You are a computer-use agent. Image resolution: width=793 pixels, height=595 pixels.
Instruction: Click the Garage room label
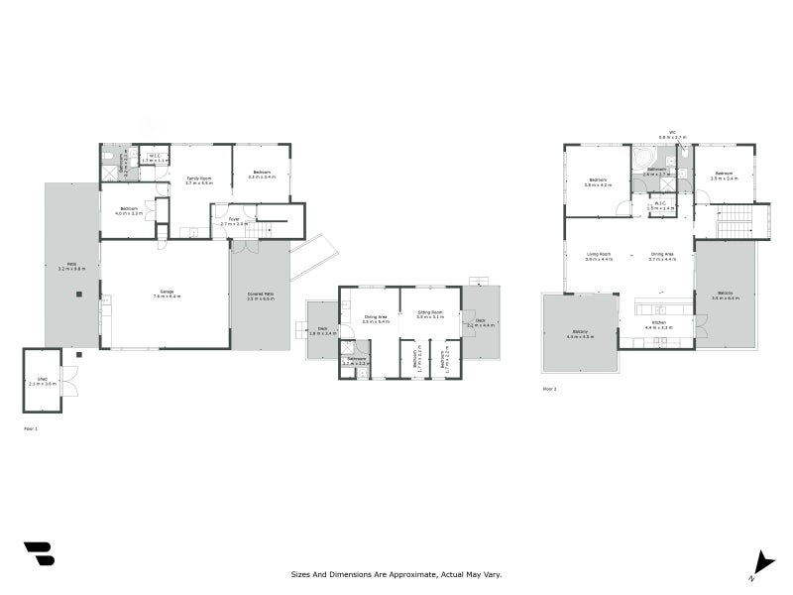point(167,294)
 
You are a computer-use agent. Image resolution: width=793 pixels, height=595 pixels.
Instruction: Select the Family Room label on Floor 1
point(199,180)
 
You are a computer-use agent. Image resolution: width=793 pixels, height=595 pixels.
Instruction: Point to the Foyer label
point(234,221)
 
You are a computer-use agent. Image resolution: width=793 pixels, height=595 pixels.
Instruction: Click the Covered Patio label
point(261,296)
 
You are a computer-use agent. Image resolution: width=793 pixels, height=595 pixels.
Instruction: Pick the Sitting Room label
point(429,314)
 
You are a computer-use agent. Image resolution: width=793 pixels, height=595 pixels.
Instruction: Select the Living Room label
point(598,256)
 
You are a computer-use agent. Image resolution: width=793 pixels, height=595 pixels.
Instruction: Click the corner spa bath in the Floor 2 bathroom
point(644,156)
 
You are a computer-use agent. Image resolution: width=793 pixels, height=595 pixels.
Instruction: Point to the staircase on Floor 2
point(736,222)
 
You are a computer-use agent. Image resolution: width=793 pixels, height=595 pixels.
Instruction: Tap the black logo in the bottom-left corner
point(39,553)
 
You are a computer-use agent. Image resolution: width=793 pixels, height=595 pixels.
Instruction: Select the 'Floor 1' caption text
point(30,428)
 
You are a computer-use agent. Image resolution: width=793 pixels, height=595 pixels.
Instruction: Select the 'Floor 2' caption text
point(549,389)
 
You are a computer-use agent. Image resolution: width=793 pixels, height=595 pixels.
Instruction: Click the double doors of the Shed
point(68,382)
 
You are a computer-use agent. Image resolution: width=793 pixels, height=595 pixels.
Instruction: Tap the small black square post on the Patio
point(78,294)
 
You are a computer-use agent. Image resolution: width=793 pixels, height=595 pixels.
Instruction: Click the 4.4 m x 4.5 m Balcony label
point(580,333)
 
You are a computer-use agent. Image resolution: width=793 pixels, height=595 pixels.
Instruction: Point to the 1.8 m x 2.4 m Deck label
point(323,332)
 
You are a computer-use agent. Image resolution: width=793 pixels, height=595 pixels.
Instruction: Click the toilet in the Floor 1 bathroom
point(107,155)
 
